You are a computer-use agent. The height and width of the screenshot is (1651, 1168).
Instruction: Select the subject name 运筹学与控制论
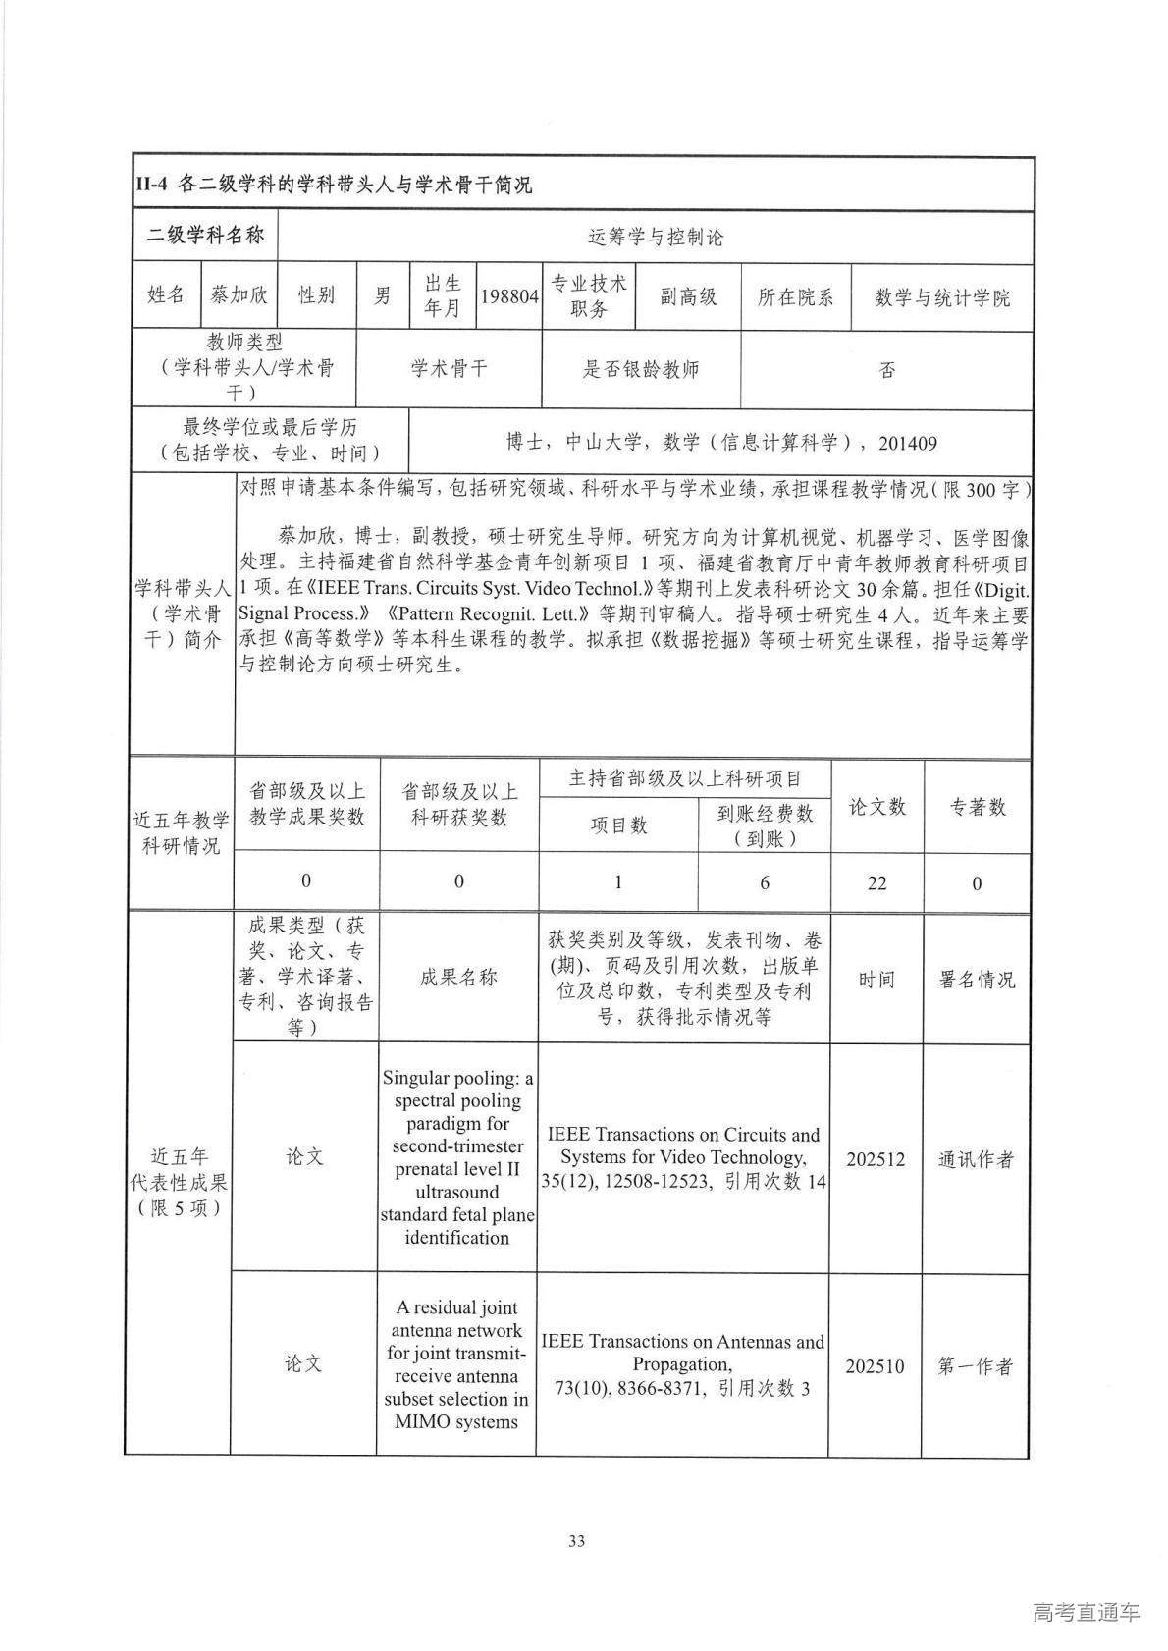(x=655, y=237)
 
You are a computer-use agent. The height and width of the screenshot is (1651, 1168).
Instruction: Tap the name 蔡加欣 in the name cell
(x=239, y=294)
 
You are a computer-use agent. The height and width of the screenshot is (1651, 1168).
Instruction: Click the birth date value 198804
(x=508, y=296)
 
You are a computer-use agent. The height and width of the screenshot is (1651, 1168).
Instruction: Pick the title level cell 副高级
(x=688, y=296)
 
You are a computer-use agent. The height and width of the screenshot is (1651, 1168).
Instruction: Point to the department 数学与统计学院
(x=941, y=297)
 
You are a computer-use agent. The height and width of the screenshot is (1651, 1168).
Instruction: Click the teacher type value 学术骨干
(x=449, y=369)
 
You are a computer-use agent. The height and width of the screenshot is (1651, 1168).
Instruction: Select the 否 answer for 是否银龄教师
(x=886, y=370)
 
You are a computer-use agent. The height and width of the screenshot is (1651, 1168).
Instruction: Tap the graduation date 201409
(x=907, y=443)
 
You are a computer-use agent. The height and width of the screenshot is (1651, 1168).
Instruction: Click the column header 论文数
(x=876, y=806)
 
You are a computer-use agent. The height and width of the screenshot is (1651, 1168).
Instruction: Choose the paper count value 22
(x=876, y=883)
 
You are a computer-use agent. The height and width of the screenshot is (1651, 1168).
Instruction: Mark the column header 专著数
(x=977, y=806)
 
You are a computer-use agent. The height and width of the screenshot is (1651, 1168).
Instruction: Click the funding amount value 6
(x=765, y=883)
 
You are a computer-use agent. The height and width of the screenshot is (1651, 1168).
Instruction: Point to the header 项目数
(x=618, y=825)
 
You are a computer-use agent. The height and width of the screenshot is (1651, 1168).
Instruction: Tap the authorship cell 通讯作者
(x=976, y=1159)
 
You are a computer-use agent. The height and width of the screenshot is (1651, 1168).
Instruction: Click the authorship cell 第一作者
(x=975, y=1365)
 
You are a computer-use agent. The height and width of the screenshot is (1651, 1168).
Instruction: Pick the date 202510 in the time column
(x=875, y=1365)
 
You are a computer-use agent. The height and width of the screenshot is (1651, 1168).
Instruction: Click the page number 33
(x=576, y=1541)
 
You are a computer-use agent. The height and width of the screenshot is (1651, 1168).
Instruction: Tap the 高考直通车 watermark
(x=1087, y=1612)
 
